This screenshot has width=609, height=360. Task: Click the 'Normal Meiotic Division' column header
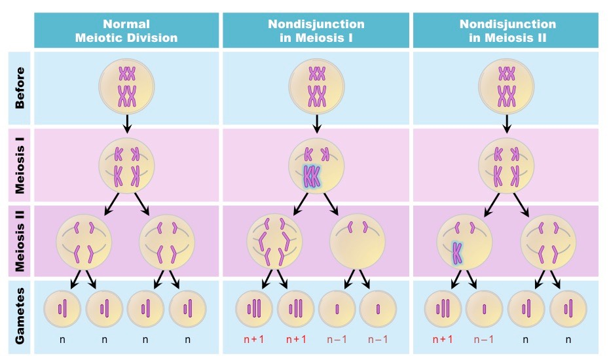[x=126, y=31]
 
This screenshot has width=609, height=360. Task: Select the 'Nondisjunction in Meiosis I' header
[x=316, y=31]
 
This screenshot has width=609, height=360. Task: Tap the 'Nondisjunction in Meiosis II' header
[x=507, y=31]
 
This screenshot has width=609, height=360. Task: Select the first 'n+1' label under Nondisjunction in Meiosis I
[x=254, y=339]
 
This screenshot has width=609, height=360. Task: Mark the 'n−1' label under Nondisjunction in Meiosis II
[x=485, y=339]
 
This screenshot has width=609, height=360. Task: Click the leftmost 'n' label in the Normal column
[x=63, y=339]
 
